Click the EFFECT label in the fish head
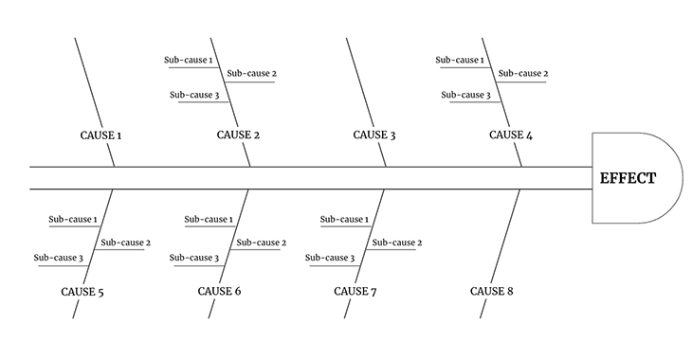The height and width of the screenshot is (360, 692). pos(627,177)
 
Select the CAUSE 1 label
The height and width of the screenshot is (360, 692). pos(100,135)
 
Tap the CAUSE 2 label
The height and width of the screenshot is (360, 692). pos(238,135)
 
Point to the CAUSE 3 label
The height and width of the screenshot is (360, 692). pos(374,135)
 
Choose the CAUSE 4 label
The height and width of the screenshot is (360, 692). pos(511,135)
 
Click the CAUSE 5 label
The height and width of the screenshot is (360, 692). pos(82,292)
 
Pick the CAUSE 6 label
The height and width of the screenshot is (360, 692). pos(219,291)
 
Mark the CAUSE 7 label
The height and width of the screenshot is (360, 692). pos(355,291)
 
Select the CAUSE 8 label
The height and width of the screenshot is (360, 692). pos(492,291)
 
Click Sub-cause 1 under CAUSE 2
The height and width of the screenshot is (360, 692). pos(188,61)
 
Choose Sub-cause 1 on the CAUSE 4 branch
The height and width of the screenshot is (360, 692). pos(460,61)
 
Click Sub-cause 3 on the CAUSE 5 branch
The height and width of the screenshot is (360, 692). pos(58,258)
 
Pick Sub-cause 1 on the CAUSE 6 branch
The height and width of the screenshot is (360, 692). pos(209,220)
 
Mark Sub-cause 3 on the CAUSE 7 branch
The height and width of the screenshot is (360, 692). pos(330,258)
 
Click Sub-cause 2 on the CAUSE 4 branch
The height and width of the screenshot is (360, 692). pos(523,74)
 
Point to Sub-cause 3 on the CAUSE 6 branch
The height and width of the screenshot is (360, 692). pos(194,258)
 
